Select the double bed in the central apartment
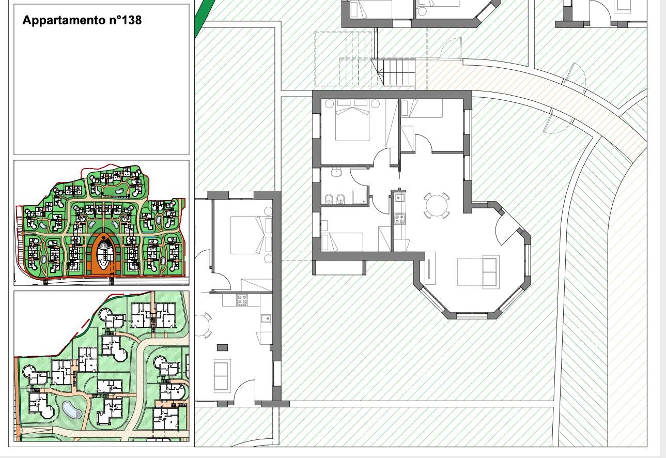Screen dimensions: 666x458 tap(352, 120)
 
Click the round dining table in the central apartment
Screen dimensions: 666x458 tap(437, 205)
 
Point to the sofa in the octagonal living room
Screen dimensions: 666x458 tap(490, 272)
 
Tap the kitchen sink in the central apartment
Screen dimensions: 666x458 tap(399, 197)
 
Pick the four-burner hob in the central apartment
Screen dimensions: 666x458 tap(399, 219)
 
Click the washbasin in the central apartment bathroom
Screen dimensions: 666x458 tap(336, 172)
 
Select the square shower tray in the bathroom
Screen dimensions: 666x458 tap(360, 197)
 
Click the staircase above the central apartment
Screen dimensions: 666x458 tap(398, 72)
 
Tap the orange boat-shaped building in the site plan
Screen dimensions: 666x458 tap(103, 254)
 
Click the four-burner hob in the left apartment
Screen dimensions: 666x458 tap(242, 300)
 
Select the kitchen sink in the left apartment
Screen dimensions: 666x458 tap(266, 318)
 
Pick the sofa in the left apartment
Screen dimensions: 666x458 tap(222, 376)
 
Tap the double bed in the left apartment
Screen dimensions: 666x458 tap(251, 235)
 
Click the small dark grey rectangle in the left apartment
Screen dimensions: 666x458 tap(222, 348)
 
